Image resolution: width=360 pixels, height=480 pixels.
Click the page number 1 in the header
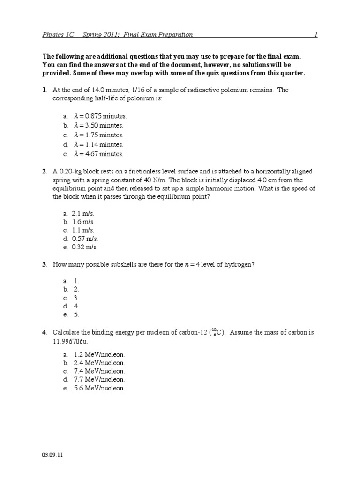[315, 35]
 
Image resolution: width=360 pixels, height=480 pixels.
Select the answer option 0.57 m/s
[85, 239]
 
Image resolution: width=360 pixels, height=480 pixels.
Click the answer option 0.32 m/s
[85, 247]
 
